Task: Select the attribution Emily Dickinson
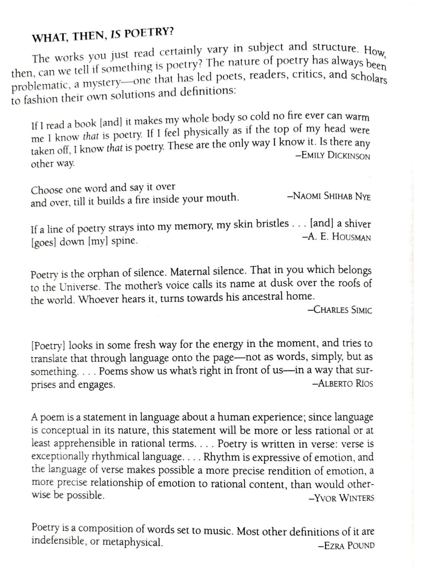(x=333, y=156)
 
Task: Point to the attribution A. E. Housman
(x=337, y=237)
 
